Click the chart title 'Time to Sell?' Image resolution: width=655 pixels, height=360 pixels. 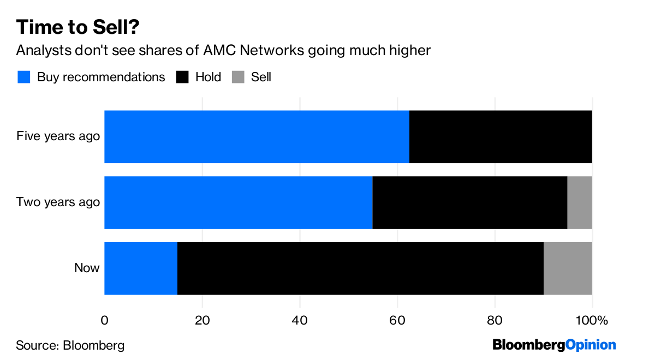(x=81, y=27)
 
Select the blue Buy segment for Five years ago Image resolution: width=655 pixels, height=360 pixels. (x=257, y=136)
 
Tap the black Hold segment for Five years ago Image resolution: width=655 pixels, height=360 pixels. (x=501, y=136)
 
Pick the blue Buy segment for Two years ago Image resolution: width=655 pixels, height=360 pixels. (x=238, y=202)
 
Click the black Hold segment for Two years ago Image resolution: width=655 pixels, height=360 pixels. (x=470, y=202)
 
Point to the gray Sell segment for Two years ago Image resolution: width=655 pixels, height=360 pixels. (x=580, y=202)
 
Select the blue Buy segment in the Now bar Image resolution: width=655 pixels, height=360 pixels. (x=141, y=268)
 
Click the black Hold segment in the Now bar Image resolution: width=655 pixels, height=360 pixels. (x=360, y=268)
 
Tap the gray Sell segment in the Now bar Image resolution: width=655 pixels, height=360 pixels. (x=568, y=268)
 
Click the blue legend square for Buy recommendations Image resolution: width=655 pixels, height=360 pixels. (x=23, y=77)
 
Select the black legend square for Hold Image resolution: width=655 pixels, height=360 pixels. (x=182, y=77)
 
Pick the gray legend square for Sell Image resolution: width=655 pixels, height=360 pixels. (x=237, y=77)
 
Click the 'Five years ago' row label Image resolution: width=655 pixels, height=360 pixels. (x=58, y=136)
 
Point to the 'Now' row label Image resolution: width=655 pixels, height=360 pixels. (x=87, y=268)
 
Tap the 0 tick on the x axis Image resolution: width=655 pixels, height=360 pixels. (x=104, y=320)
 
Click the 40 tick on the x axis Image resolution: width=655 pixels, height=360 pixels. (x=300, y=320)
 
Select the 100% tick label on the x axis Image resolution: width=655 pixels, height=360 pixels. (x=592, y=320)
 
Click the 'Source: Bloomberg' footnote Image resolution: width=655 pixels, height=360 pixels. (x=70, y=345)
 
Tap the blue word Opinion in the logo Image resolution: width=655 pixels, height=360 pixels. (x=590, y=345)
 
